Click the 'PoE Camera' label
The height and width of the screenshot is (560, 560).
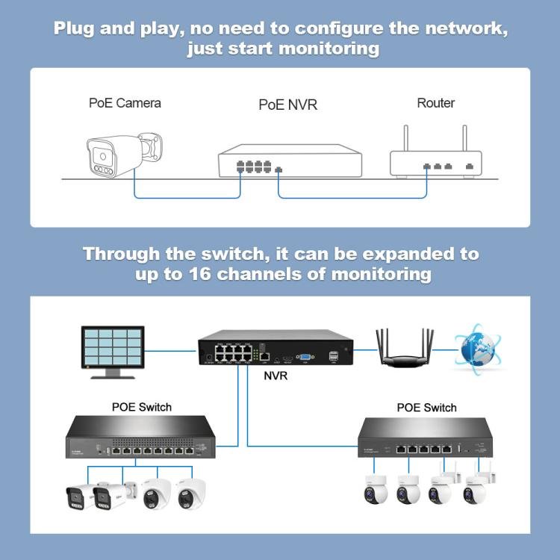pyautogui.click(x=125, y=103)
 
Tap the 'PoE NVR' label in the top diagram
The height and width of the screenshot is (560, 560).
pyautogui.click(x=287, y=105)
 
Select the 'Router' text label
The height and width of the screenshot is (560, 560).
pyautogui.click(x=435, y=103)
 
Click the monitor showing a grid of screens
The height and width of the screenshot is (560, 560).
pyautogui.click(x=113, y=347)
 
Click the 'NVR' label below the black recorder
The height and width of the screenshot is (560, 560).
pyautogui.click(x=276, y=376)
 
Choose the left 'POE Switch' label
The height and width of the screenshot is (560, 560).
pyautogui.click(x=141, y=407)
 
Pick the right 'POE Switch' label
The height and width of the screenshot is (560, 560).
pyautogui.click(x=426, y=408)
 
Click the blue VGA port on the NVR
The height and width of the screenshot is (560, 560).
pyautogui.click(x=305, y=357)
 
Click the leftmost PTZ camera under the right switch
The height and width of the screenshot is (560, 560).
pyautogui.click(x=371, y=490)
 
